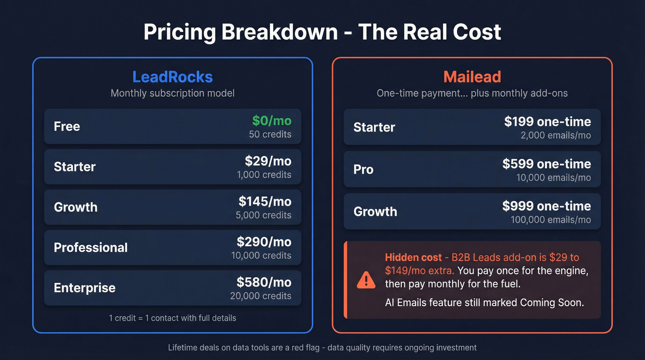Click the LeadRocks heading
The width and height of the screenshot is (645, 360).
click(x=172, y=77)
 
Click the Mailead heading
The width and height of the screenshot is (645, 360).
click(x=472, y=77)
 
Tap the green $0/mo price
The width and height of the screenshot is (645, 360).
click(x=271, y=121)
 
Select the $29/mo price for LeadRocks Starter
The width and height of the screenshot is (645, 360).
click(x=268, y=161)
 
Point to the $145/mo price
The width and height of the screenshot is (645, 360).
click(x=264, y=201)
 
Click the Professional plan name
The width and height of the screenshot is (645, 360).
click(x=90, y=248)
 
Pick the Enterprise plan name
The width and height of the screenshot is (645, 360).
click(x=84, y=288)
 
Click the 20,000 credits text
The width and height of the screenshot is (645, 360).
click(x=260, y=296)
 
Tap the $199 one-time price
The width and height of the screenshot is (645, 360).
click(x=547, y=122)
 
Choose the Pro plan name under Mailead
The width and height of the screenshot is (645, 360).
click(x=363, y=169)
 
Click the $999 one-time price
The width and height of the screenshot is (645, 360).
click(x=546, y=206)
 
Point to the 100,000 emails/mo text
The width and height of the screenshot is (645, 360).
click(x=550, y=220)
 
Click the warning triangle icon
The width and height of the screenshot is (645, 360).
click(x=366, y=280)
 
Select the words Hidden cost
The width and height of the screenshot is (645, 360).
click(x=413, y=257)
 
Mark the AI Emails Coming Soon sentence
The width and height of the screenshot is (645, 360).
click(x=484, y=303)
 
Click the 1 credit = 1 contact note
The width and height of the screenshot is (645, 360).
click(x=172, y=318)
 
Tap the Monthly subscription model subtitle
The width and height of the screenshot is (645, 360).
click(x=172, y=93)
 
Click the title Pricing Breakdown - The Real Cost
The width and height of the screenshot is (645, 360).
click(x=322, y=32)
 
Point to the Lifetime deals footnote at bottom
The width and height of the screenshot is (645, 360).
click(x=322, y=348)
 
